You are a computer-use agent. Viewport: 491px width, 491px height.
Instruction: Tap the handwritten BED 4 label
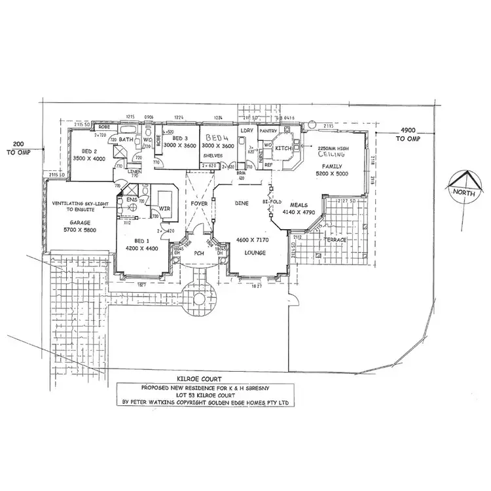217,139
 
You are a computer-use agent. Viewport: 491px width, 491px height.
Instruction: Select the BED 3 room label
180,139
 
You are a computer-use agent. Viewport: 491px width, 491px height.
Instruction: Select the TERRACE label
336,240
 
